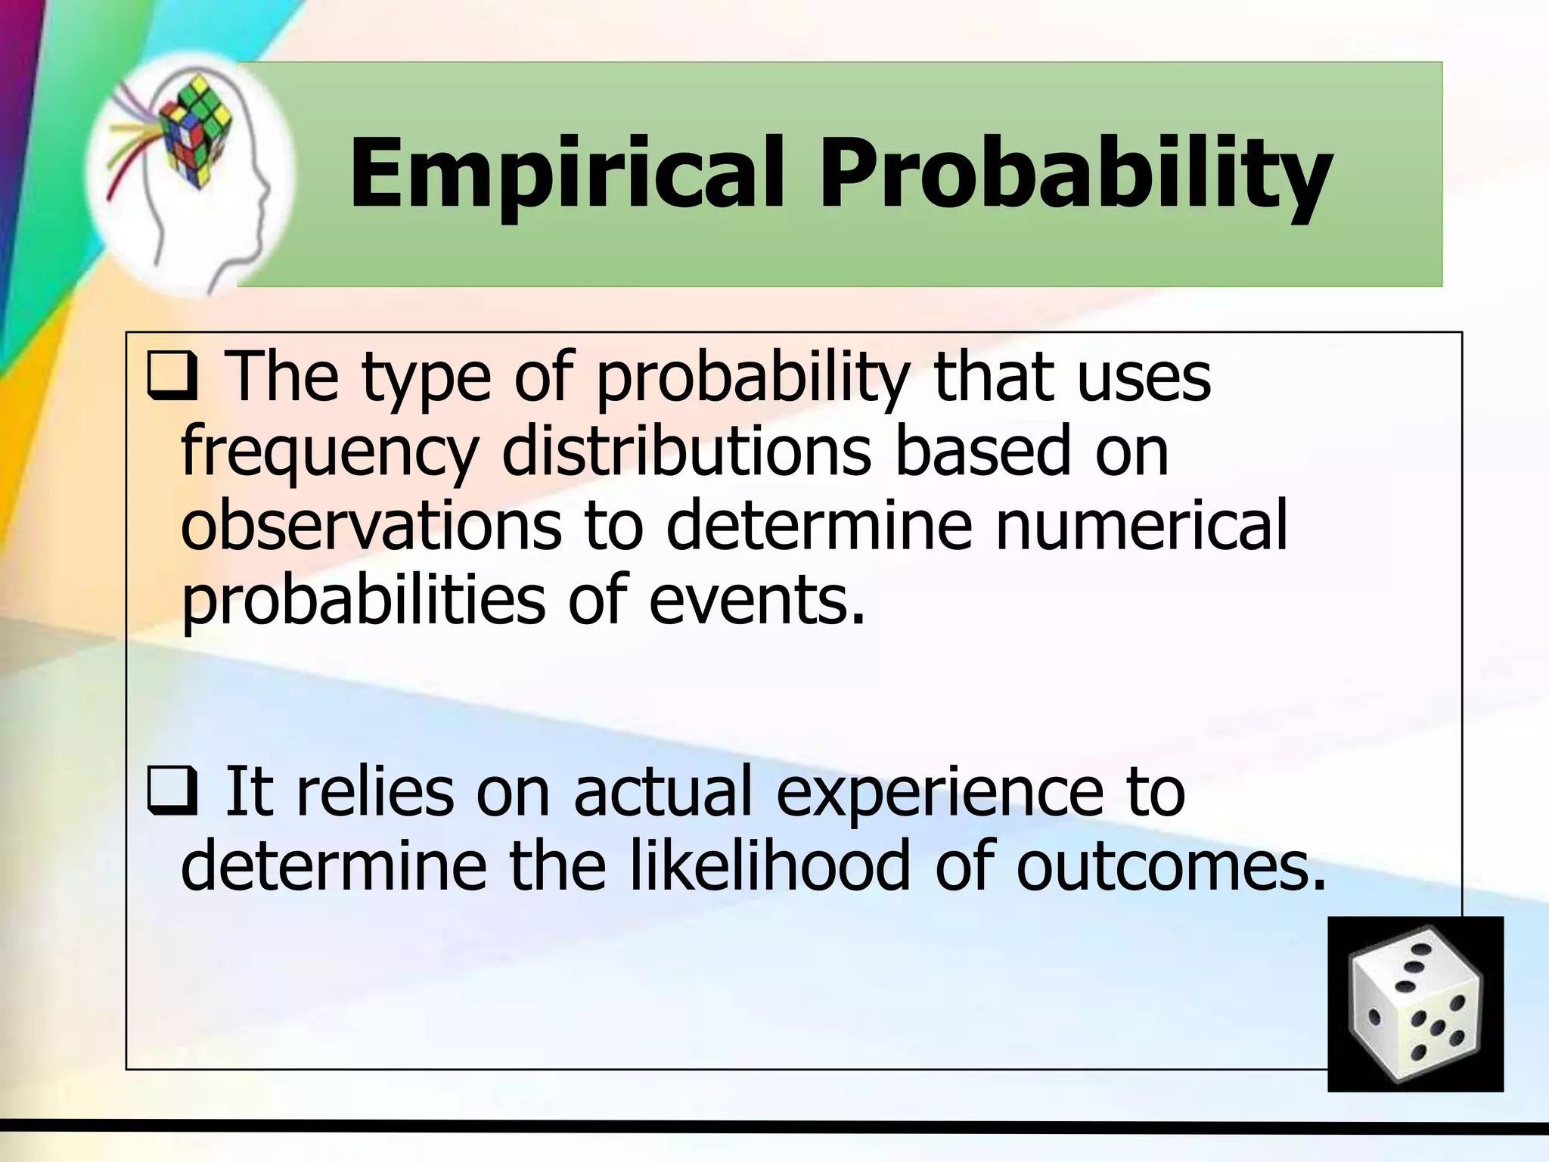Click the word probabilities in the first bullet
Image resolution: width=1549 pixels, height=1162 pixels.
click(364, 602)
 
